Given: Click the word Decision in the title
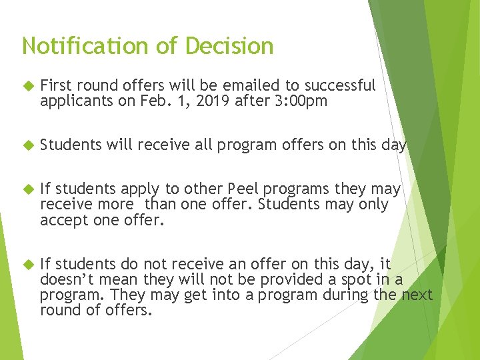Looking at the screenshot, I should (229, 46).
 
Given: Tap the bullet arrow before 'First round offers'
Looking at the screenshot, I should (28, 85).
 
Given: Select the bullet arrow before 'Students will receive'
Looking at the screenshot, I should (28, 145).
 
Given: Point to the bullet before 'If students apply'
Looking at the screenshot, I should (28, 189).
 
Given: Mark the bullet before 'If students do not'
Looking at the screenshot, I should (28, 263).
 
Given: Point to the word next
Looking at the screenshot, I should (417, 294).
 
